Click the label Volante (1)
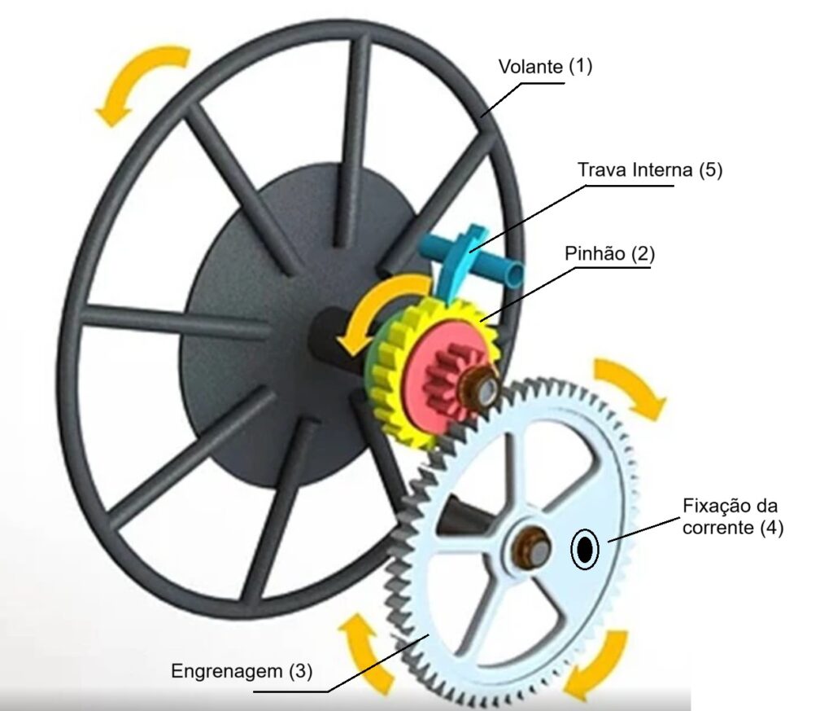coord(546,67)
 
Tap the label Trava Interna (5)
coord(649,171)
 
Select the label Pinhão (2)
coord(609,253)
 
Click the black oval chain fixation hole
coord(584,551)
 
